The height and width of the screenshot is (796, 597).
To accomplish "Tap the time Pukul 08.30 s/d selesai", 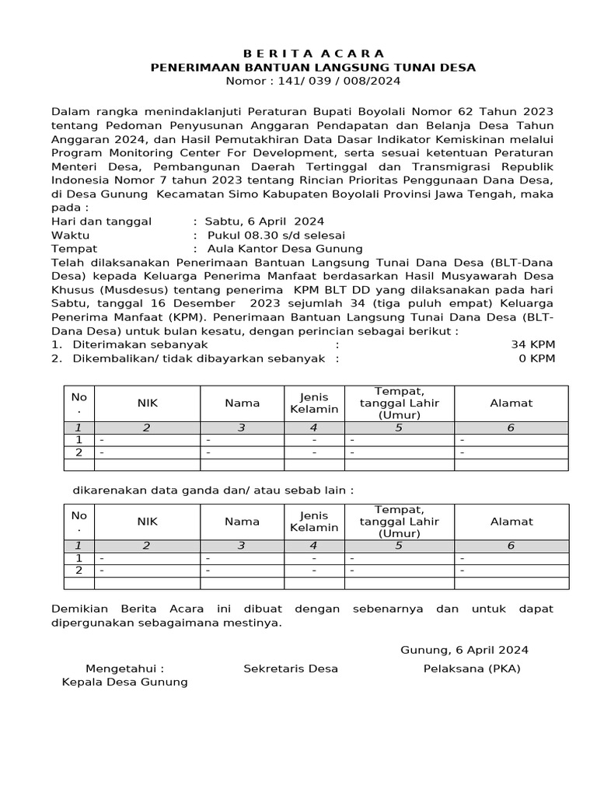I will coord(276,235).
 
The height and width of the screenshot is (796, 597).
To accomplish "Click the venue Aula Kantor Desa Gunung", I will coord(285,249).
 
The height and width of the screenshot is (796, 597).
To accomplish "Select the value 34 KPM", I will coord(532,344).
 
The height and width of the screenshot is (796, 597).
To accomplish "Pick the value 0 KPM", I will coord(536,358).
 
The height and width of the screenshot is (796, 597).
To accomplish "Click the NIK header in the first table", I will coord(147,403).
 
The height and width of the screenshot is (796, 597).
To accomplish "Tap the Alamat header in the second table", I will coord(511,522).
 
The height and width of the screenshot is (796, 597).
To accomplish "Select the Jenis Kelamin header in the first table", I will coord(314,403).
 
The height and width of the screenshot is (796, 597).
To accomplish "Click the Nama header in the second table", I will coord(242,522).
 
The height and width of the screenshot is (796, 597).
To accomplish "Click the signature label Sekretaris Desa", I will coord(291,669).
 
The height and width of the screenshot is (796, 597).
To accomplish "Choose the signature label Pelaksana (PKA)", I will coord(472,669).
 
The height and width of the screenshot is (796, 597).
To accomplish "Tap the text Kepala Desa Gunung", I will coord(124,682).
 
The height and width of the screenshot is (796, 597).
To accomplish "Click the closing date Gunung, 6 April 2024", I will coord(464,650).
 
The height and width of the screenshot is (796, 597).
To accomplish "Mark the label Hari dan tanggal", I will coord(101,222).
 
